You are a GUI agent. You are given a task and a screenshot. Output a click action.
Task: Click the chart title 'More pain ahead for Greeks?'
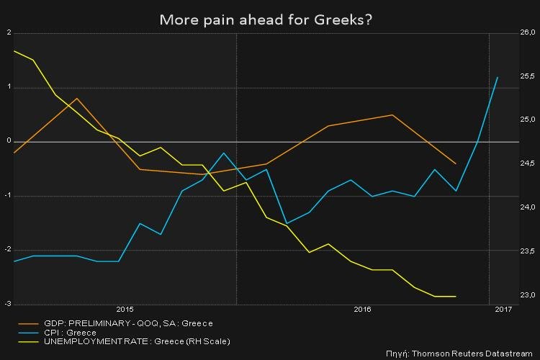click(x=265, y=19)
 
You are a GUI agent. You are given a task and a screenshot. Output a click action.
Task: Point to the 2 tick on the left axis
click(x=9, y=33)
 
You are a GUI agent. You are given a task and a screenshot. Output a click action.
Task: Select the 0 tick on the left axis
click(x=9, y=141)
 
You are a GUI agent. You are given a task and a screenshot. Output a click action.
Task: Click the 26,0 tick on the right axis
click(x=528, y=33)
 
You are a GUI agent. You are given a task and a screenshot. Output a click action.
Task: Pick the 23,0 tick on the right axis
click(x=528, y=295)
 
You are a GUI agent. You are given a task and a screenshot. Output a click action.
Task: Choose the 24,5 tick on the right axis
click(x=528, y=164)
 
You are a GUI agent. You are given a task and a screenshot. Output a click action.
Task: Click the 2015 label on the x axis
click(x=125, y=310)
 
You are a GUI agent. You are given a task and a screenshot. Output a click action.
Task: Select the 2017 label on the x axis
click(x=503, y=310)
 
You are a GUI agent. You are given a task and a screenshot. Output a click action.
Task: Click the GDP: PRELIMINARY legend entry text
click(x=128, y=323)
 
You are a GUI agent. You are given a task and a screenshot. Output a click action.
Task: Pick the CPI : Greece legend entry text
click(x=71, y=333)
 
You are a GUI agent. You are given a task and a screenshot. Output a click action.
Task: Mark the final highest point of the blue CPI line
click(x=498, y=77)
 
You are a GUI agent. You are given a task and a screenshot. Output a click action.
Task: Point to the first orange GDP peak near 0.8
click(x=76, y=99)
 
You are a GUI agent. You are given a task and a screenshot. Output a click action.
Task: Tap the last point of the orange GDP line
click(x=456, y=163)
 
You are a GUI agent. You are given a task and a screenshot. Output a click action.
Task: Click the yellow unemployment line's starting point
click(x=14, y=51)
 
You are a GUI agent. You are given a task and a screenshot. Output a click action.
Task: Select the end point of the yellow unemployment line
click(x=456, y=296)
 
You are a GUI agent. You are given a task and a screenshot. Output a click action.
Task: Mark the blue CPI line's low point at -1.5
click(x=287, y=223)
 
